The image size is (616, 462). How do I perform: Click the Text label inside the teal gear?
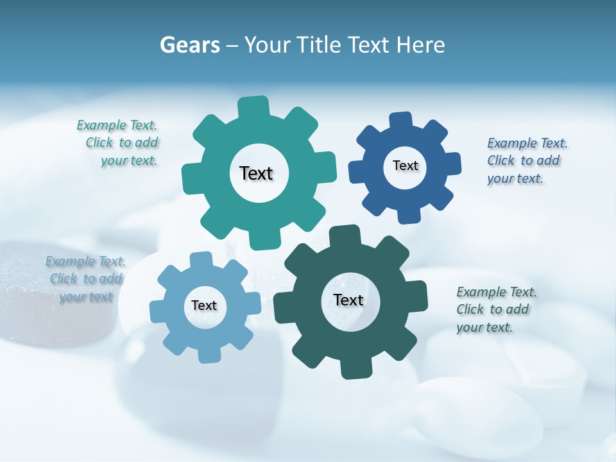256,173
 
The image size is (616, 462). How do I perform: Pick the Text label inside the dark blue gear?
405,166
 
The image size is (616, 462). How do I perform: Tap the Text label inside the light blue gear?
203,305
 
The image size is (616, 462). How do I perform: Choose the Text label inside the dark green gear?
348,300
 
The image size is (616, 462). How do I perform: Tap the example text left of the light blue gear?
86,278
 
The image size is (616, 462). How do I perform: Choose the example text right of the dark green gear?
495,309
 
